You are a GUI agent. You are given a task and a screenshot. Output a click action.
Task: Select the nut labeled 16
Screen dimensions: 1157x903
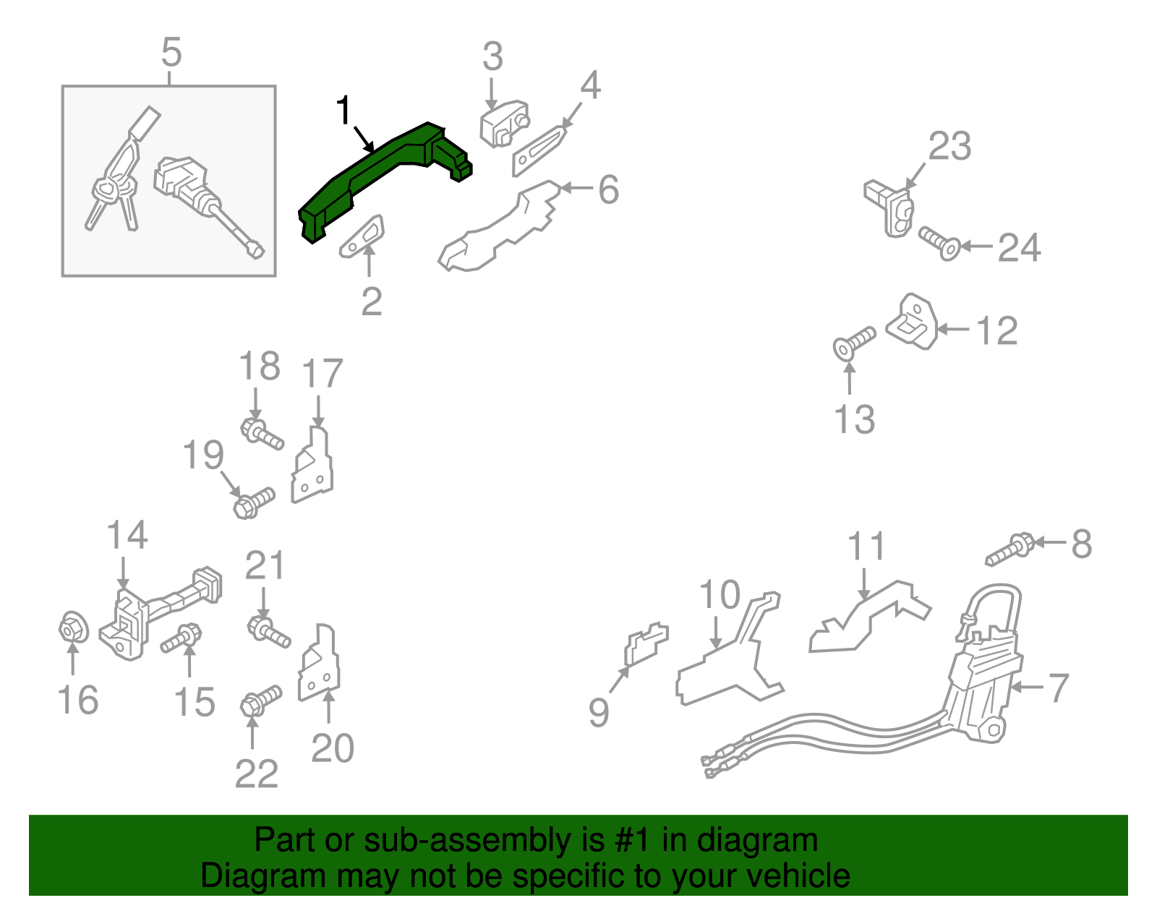click(x=74, y=628)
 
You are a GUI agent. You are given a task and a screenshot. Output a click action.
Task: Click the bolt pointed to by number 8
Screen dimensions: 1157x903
click(x=1009, y=549)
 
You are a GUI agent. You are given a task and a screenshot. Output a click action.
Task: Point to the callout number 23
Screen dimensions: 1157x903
click(x=950, y=145)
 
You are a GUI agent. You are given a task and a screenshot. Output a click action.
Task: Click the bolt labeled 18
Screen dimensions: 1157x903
click(x=262, y=435)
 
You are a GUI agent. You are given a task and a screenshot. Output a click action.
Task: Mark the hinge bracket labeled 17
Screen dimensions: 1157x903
click(x=312, y=465)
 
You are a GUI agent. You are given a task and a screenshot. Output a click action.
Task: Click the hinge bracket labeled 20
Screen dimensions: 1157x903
click(x=319, y=662)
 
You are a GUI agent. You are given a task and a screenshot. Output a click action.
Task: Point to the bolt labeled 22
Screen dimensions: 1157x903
click(x=261, y=701)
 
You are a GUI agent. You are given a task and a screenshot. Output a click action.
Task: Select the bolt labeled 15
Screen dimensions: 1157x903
click(x=182, y=638)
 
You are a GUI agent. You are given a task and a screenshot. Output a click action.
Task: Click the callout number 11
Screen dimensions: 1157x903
click(x=866, y=547)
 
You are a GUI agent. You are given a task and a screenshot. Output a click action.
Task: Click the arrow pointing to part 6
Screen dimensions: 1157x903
click(x=576, y=188)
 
